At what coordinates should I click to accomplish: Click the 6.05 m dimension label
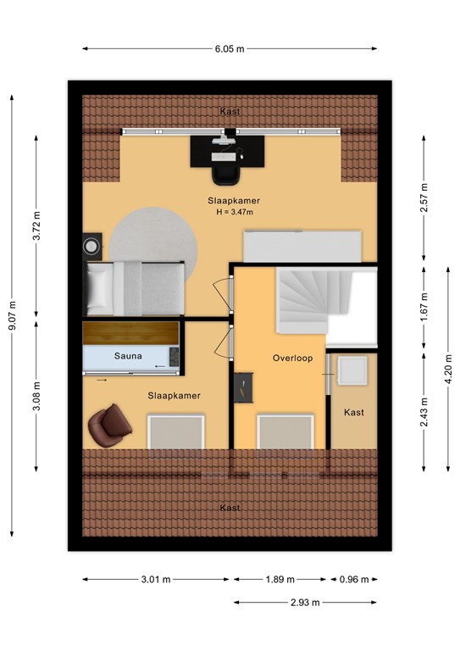(x=230, y=49)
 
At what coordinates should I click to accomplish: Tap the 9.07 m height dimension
(x=13, y=315)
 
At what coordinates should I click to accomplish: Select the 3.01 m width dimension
(x=156, y=579)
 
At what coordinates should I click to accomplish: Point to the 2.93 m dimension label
(x=305, y=602)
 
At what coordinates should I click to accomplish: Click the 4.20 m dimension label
(x=448, y=369)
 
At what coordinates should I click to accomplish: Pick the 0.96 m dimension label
(x=354, y=579)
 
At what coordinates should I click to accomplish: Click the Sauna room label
(x=128, y=356)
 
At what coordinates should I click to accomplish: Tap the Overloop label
(x=292, y=358)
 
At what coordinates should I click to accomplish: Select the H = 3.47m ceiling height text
(x=235, y=212)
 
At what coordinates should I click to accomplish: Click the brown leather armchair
(x=109, y=426)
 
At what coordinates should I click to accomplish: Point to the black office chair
(x=226, y=174)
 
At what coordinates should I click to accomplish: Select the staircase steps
(x=314, y=300)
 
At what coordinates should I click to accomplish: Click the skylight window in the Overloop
(x=285, y=431)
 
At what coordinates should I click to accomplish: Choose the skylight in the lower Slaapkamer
(x=176, y=431)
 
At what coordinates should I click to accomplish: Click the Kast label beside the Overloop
(x=354, y=412)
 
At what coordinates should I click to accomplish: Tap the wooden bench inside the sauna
(x=130, y=333)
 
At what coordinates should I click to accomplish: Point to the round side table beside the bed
(x=91, y=247)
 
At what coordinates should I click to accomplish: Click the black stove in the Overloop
(x=243, y=387)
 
